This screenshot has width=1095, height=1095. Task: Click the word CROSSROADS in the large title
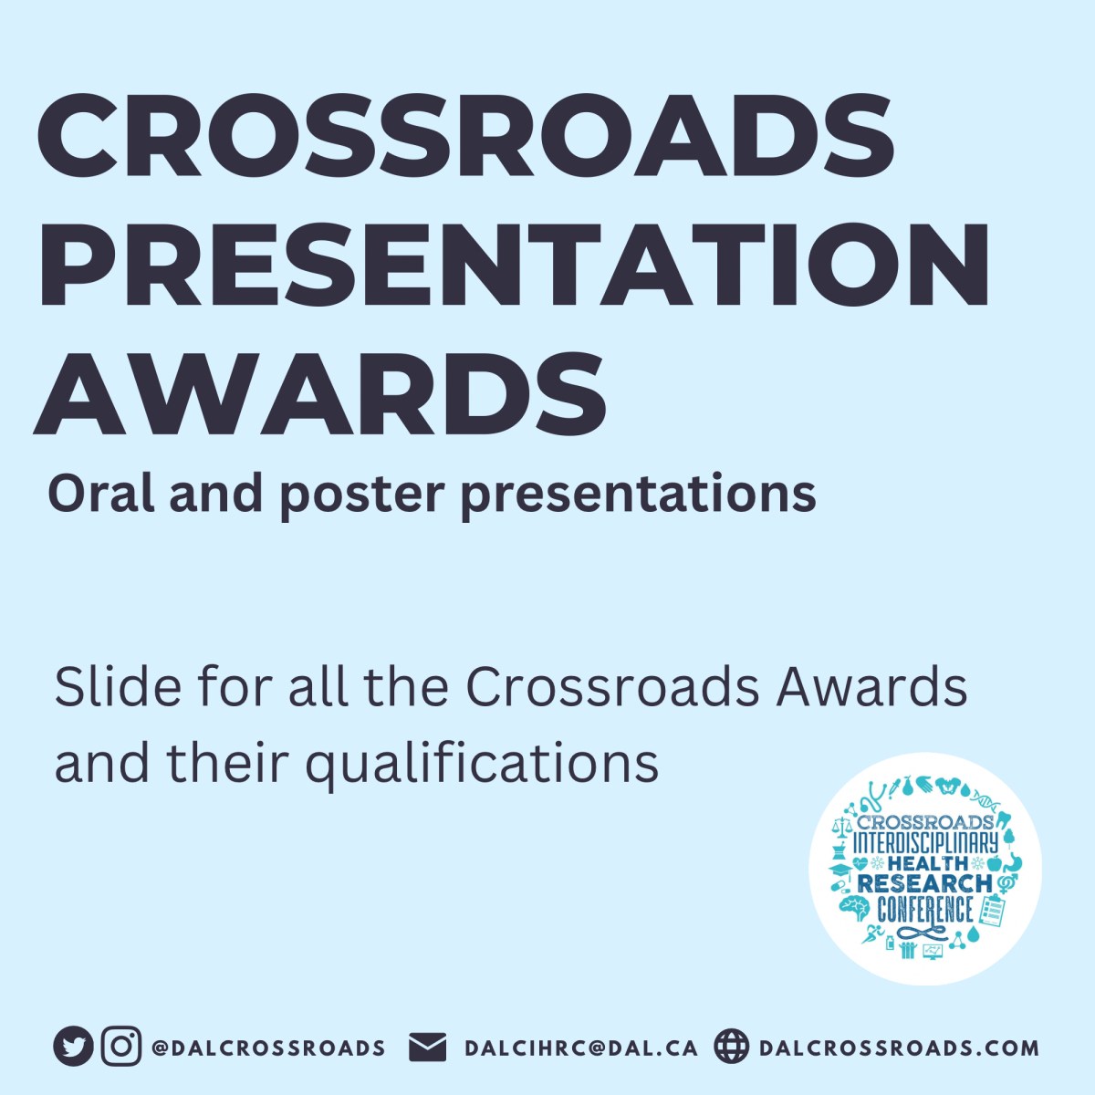[x=465, y=137]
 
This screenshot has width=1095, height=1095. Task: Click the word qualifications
[x=482, y=763]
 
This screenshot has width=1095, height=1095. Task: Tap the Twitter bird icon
[x=73, y=1047]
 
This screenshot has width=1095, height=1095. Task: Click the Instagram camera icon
[x=120, y=1047]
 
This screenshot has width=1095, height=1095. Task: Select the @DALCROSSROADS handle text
[x=268, y=1048]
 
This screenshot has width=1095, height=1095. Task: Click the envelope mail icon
[x=427, y=1047]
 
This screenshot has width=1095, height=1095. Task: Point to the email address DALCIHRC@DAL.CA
[x=581, y=1048]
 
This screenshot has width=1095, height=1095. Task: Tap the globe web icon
[x=731, y=1047]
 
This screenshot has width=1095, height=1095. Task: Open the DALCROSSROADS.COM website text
[x=899, y=1048]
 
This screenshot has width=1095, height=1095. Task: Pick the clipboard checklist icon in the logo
[x=992, y=909]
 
